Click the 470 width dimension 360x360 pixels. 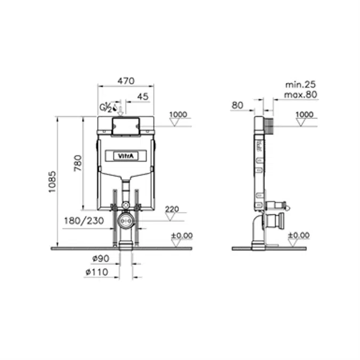coord(125,81)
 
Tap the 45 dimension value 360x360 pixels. coord(142,97)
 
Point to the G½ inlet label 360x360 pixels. coord(106,107)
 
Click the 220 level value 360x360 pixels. coord(172,209)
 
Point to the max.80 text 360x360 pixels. coord(301,94)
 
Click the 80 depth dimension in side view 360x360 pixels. coord(237,105)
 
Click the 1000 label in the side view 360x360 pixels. coord(304,114)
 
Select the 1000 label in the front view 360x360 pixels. coord(178,114)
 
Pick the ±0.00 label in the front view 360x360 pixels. coord(181,235)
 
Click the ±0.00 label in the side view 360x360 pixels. coord(298,235)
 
